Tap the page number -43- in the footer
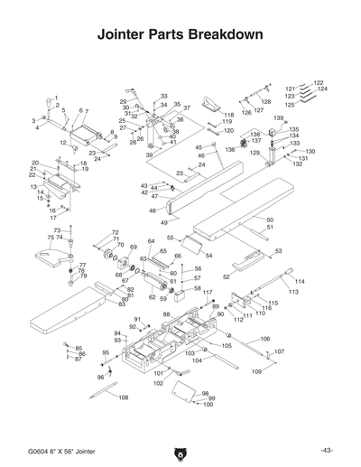coord(326,450)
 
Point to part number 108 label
coord(124,397)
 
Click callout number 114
coord(300,282)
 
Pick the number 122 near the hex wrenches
coord(319,83)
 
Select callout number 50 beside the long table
coord(269,219)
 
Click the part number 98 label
coord(206,394)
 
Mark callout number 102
coord(158,384)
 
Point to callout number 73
coord(56,231)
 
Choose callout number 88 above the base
coord(166,313)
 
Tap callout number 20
coord(34,163)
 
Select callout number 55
coord(170,238)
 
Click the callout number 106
coord(264,339)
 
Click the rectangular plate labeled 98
coord(182,390)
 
